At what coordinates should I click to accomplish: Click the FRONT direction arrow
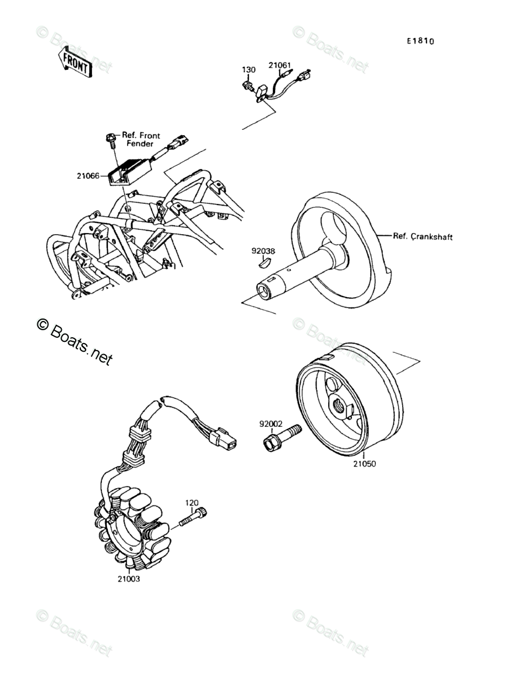tap(74, 61)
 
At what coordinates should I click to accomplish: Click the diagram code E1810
tap(421, 41)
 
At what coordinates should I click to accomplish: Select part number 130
tap(249, 70)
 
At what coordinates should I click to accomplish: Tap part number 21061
tap(279, 65)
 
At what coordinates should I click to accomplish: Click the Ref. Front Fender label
tap(141, 139)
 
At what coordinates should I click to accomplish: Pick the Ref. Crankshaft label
tap(423, 236)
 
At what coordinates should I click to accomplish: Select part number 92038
tap(263, 252)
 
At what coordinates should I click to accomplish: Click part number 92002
tap(271, 425)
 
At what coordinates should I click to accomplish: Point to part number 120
tap(192, 502)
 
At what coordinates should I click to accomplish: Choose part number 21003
tap(128, 579)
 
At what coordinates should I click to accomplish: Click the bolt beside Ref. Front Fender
tap(111, 139)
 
